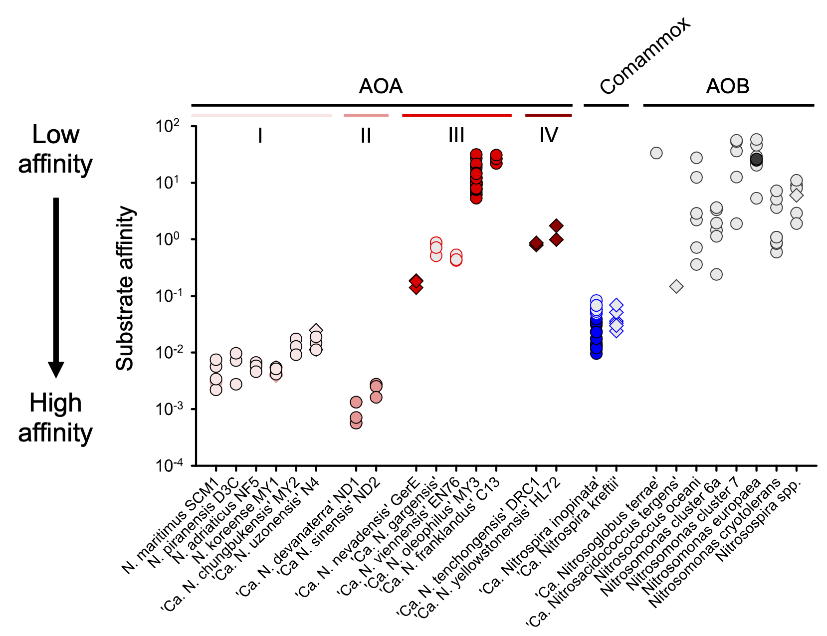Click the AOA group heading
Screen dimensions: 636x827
381,86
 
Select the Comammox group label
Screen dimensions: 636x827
645,55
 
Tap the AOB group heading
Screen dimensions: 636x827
728,86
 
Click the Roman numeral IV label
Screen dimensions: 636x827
548,135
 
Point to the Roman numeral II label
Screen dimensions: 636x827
366,135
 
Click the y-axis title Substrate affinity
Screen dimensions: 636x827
125,288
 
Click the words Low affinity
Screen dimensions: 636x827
55,149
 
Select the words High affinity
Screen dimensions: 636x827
55,418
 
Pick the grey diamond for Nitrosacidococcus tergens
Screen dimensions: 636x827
676,286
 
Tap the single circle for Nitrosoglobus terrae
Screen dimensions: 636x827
656,153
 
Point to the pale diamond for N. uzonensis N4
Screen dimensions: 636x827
316,330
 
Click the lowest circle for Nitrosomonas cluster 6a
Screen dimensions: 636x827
716,274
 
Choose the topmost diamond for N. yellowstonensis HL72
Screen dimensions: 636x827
556,225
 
